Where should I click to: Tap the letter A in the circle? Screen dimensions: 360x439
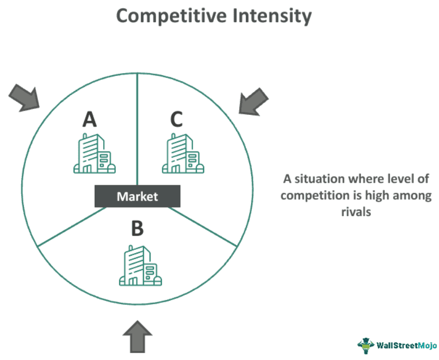(89, 120)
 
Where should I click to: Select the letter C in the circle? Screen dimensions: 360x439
(176, 120)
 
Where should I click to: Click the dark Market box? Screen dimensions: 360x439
(138, 196)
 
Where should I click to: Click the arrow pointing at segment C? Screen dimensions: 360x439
(253, 101)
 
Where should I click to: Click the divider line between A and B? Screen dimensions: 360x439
(71, 227)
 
